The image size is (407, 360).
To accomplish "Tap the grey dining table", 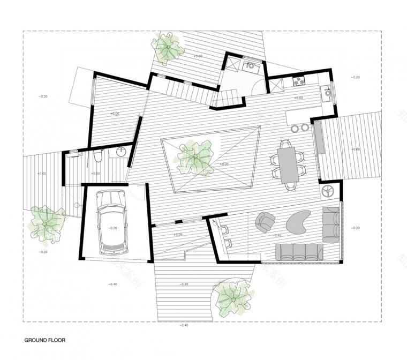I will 288,164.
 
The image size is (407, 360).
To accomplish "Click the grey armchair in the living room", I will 265,221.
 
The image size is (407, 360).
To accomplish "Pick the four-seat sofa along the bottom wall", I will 299,251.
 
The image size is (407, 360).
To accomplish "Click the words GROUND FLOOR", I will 45,340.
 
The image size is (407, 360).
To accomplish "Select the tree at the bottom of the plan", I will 232,296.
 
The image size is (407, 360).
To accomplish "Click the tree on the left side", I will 47,222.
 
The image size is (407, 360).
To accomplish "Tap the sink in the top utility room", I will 249,66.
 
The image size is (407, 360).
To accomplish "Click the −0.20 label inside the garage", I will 112,228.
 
